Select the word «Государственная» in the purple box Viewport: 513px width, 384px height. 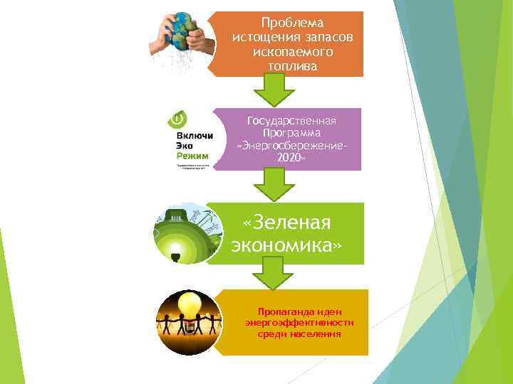291,122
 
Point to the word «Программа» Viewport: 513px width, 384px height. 291,134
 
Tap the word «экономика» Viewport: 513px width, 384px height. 286,245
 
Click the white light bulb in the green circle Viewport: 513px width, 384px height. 175,250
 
